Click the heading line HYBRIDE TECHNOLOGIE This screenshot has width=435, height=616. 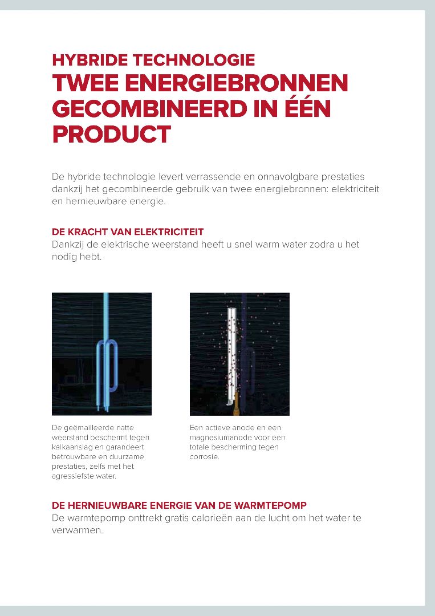(x=153, y=60)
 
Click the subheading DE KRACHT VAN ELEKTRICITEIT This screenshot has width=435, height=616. (x=128, y=232)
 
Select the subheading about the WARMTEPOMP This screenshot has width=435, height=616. (x=179, y=505)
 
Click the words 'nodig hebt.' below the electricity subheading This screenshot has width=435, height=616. (x=77, y=257)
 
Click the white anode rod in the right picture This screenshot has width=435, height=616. (x=231, y=354)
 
